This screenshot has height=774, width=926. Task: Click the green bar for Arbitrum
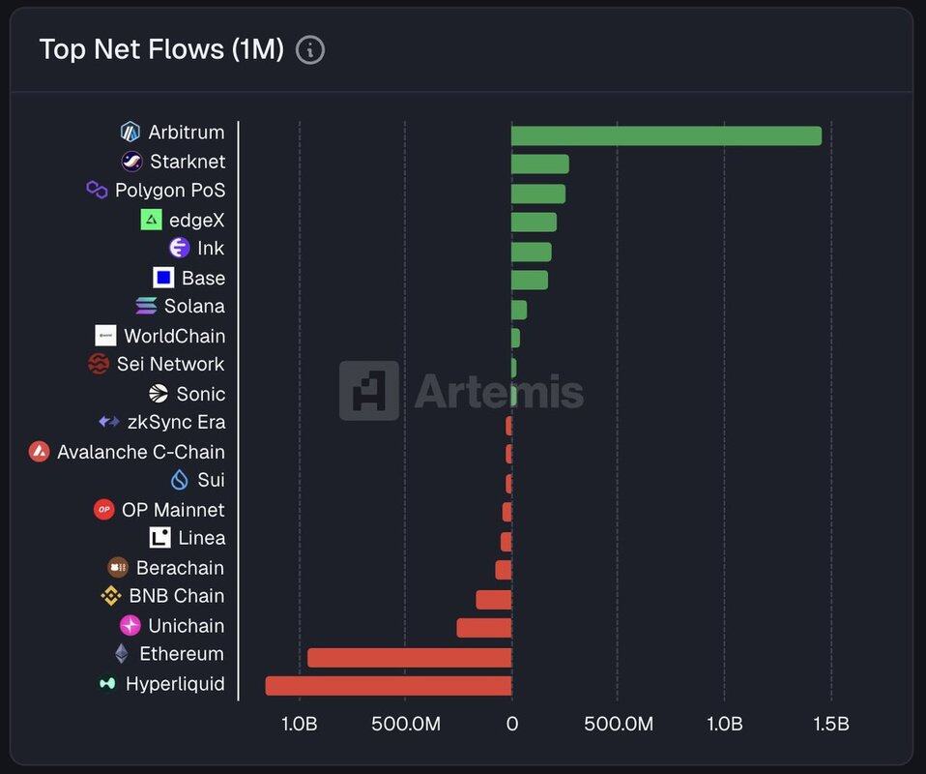pyautogui.click(x=666, y=135)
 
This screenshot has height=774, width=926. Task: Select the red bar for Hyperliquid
pyautogui.click(x=389, y=686)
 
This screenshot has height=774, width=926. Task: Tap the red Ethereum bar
pyautogui.click(x=409, y=658)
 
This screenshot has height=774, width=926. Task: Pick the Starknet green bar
pyautogui.click(x=539, y=164)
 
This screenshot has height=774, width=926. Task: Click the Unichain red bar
pyautogui.click(x=483, y=628)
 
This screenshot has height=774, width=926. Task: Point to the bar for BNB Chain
pyautogui.click(x=493, y=600)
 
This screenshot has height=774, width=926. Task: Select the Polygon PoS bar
pyautogui.click(x=537, y=193)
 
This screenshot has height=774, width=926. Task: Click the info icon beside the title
pyautogui.click(x=309, y=50)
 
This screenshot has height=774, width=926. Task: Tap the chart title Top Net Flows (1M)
pyautogui.click(x=161, y=49)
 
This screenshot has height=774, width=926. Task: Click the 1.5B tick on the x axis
pyautogui.click(x=830, y=724)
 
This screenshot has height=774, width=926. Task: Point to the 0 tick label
pyautogui.click(x=511, y=724)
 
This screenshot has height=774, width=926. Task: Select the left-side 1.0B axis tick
pyautogui.click(x=299, y=724)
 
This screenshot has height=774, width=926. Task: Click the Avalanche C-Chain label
pyautogui.click(x=140, y=452)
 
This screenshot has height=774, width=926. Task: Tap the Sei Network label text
pyautogui.click(x=170, y=365)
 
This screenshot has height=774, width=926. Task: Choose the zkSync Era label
pyautogui.click(x=176, y=423)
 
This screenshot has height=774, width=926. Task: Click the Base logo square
pyautogui.click(x=163, y=278)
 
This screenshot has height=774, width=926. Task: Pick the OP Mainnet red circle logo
pyautogui.click(x=103, y=510)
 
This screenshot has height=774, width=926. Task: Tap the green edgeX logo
pyautogui.click(x=151, y=220)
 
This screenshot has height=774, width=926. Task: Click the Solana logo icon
pyautogui.click(x=146, y=307)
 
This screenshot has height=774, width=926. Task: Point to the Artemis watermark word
pyautogui.click(x=499, y=392)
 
